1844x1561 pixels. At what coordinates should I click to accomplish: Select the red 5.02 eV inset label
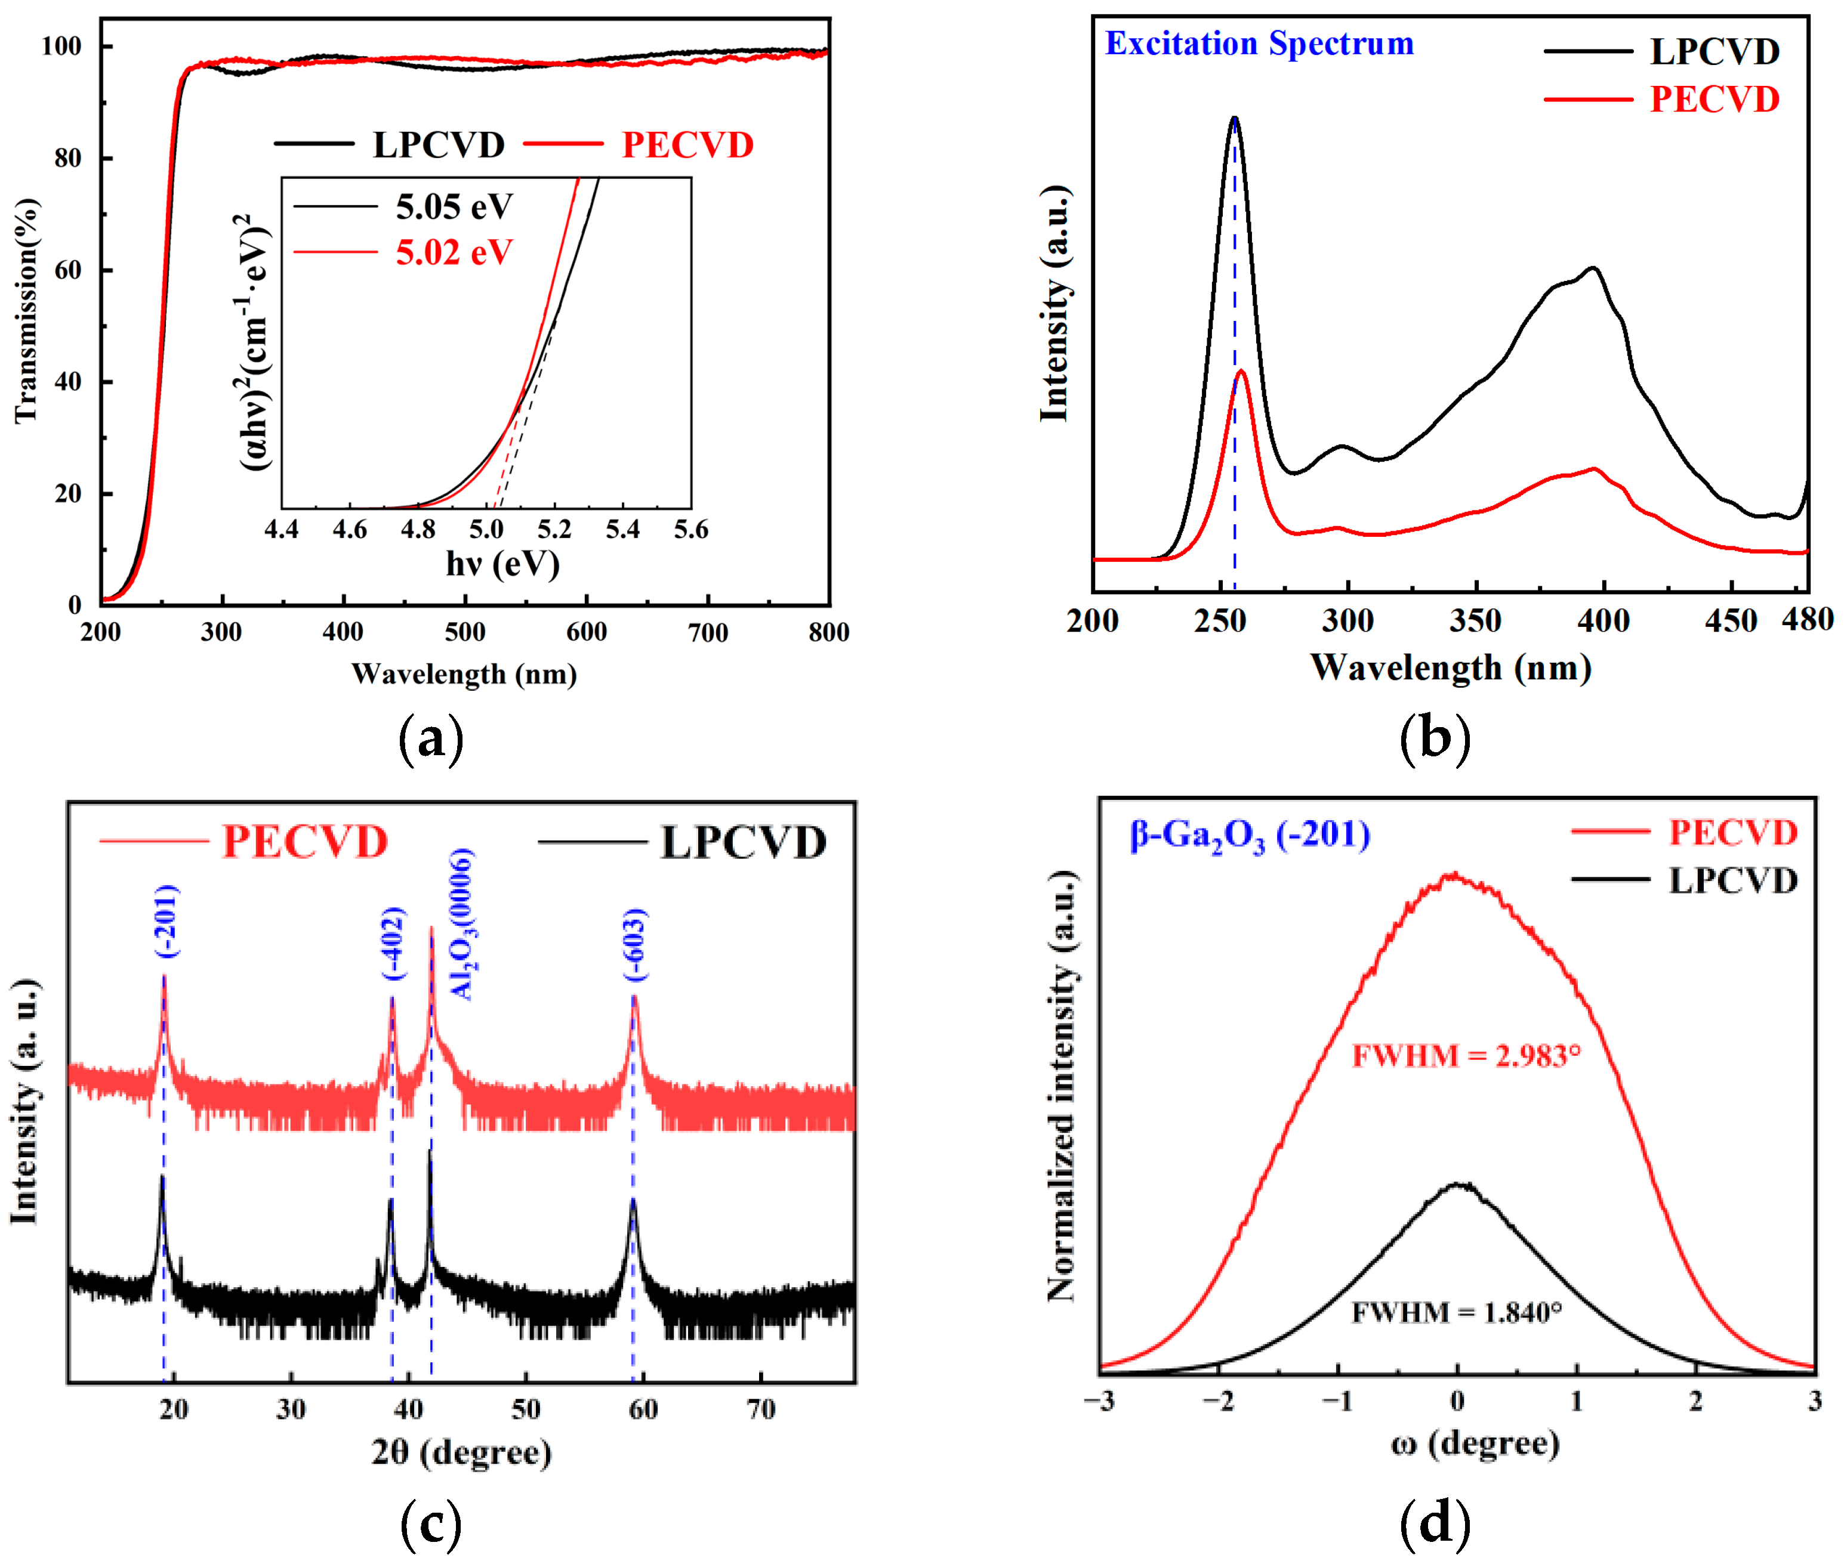(x=454, y=253)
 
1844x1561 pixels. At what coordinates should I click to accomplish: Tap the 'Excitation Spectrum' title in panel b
(x=1259, y=44)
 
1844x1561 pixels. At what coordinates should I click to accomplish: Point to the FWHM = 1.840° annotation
(x=1456, y=1312)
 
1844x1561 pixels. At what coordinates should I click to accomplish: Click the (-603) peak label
(x=636, y=945)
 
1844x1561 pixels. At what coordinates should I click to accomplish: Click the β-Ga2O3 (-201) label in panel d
(x=1249, y=835)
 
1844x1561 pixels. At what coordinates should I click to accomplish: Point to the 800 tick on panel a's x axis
(x=828, y=632)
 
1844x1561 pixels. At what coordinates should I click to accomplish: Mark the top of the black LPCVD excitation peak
(x=1234, y=118)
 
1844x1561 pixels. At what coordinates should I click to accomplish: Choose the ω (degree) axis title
(x=1475, y=1443)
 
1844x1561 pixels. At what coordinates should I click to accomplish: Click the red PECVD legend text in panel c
(x=304, y=842)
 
